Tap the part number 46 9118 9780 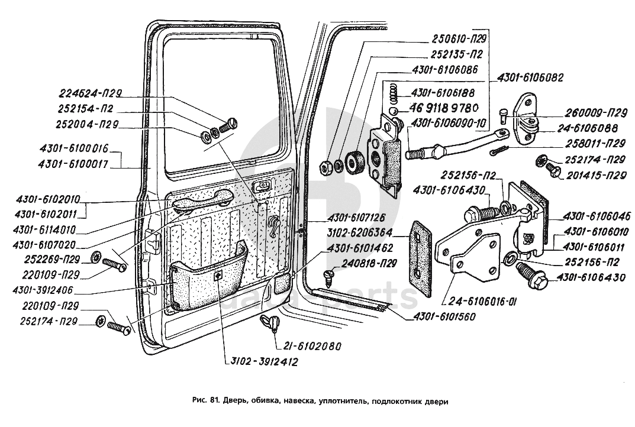click(x=444, y=108)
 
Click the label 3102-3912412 click(x=261, y=361)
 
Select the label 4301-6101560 click(x=444, y=316)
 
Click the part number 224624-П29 click(x=90, y=93)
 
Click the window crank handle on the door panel click(x=273, y=225)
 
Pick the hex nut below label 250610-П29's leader click(x=325, y=167)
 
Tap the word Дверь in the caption click(x=234, y=402)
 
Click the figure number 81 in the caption click(x=215, y=402)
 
